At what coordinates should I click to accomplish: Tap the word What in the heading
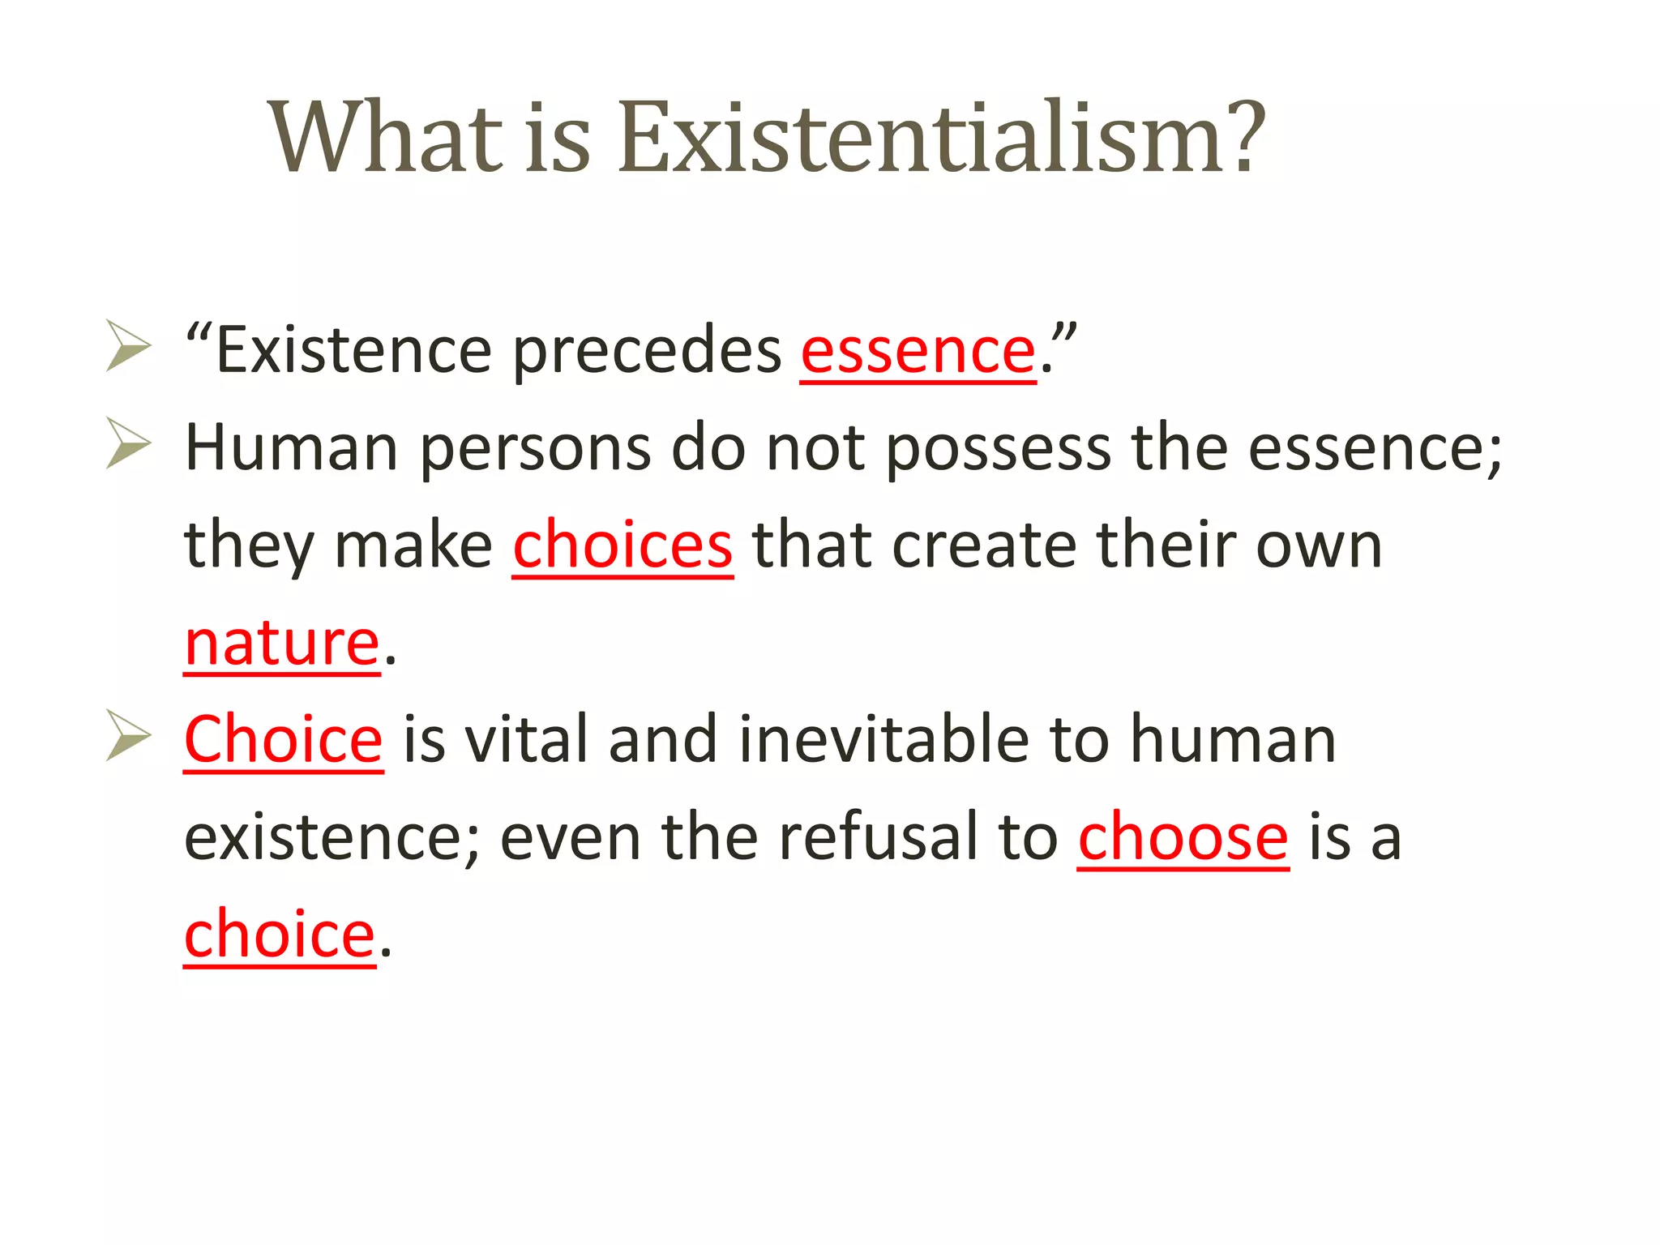pos(387,138)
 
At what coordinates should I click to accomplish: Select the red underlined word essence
pos(918,353)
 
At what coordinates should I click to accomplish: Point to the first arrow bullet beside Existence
pos(128,346)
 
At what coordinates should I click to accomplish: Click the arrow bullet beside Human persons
pos(128,443)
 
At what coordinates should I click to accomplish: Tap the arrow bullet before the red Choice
pos(128,735)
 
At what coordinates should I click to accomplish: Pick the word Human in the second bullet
pos(291,448)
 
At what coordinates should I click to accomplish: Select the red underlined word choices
pos(622,545)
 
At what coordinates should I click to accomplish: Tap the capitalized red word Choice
pos(283,740)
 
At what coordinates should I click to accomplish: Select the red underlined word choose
pos(1183,837)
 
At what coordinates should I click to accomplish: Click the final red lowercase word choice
pos(280,935)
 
